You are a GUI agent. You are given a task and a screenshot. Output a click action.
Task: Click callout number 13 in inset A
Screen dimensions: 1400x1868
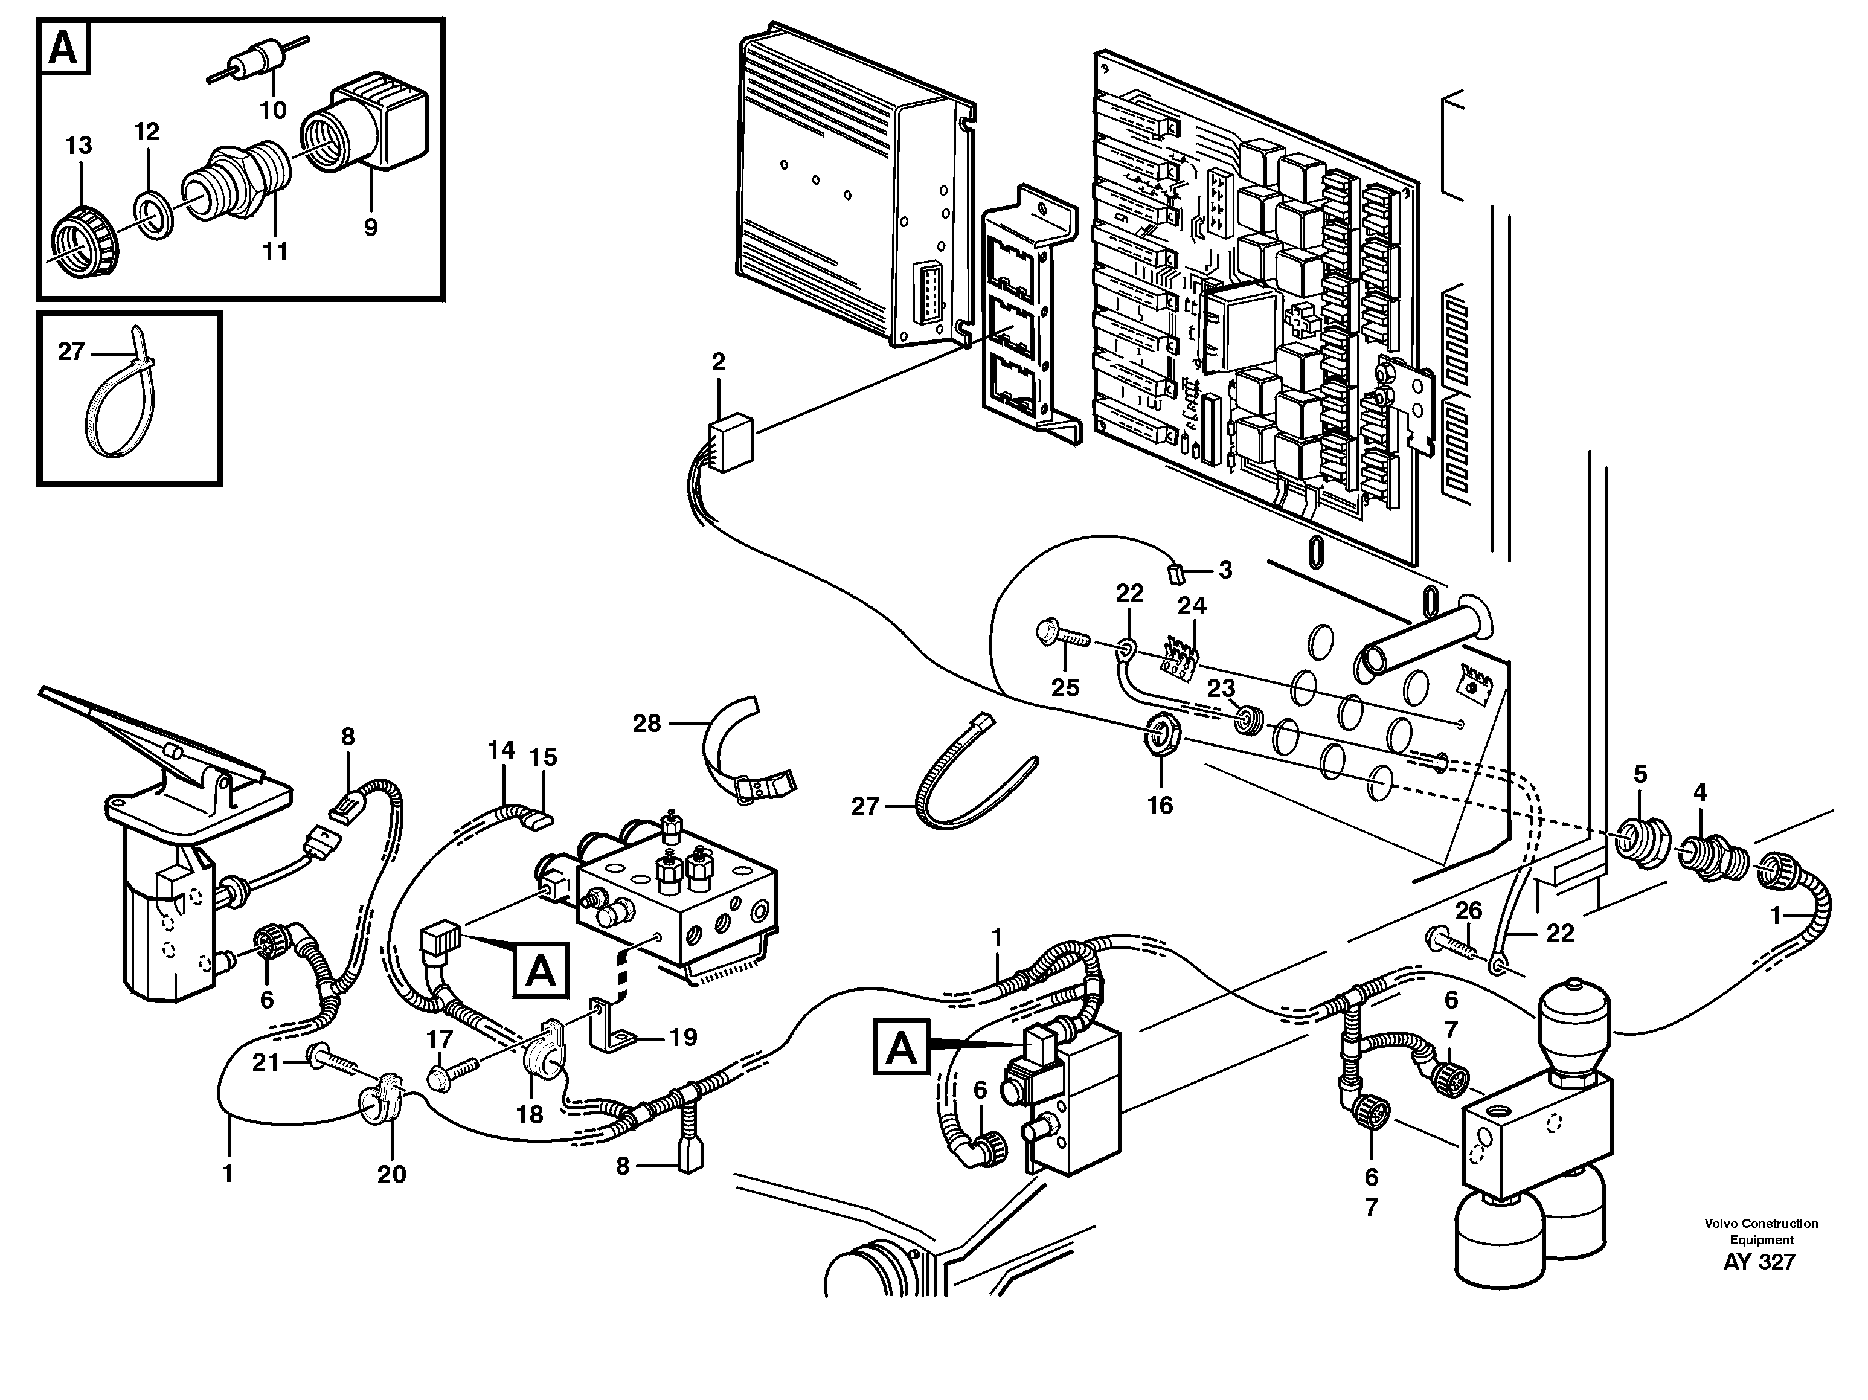(x=79, y=145)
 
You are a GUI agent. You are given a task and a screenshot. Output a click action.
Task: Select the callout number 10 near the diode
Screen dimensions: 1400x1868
(x=273, y=110)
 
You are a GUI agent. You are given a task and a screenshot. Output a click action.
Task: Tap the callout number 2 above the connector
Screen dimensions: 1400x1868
(x=718, y=362)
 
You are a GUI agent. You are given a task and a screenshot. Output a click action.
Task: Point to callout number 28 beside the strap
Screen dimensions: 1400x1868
(x=647, y=724)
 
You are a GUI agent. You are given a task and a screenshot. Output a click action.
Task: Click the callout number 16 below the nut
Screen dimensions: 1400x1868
(x=1160, y=806)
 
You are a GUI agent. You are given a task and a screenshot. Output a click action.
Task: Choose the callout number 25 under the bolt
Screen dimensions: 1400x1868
(x=1065, y=687)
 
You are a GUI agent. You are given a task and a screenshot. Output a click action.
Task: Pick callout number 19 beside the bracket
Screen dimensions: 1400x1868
(x=682, y=1037)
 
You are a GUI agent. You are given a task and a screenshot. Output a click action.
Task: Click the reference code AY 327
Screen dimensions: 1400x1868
(x=1759, y=1262)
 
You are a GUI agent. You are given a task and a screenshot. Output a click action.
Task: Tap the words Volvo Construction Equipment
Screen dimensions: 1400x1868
(x=1760, y=1231)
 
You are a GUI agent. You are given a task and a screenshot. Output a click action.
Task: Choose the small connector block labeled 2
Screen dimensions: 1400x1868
(x=731, y=440)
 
